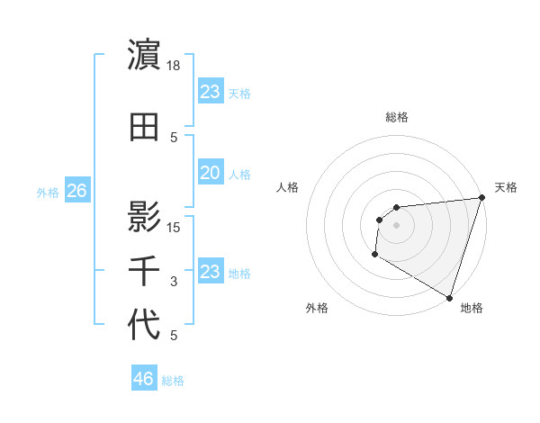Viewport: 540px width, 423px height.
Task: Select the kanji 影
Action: click(x=145, y=216)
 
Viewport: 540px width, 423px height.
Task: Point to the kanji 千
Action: click(x=145, y=271)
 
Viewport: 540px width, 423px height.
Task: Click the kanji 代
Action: click(x=145, y=326)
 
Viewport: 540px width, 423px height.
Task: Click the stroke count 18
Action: click(x=175, y=66)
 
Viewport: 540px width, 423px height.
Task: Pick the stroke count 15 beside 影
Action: click(x=175, y=227)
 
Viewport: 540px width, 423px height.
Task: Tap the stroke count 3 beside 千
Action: click(x=175, y=282)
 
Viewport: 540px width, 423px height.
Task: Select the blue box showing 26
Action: click(x=76, y=191)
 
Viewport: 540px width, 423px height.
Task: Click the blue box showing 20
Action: click(x=210, y=173)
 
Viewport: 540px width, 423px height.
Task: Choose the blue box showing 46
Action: click(x=143, y=379)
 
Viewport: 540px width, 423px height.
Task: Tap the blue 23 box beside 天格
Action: click(x=210, y=92)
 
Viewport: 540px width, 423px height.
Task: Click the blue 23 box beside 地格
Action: click(x=210, y=272)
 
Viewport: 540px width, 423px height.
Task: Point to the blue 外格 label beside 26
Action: click(x=48, y=192)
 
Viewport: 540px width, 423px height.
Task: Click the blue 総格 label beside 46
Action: click(x=173, y=381)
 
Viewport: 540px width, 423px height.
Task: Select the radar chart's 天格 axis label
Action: click(x=506, y=187)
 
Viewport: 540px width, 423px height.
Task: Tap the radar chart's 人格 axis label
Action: click(x=288, y=187)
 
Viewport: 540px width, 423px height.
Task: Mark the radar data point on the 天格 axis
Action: click(x=481, y=198)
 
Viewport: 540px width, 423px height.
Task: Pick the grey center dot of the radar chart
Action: click(x=396, y=225)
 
